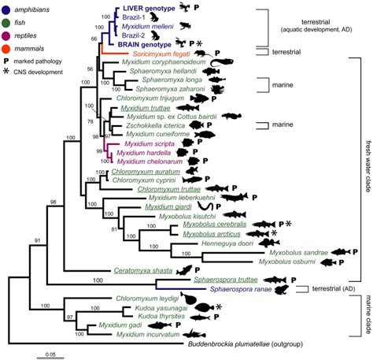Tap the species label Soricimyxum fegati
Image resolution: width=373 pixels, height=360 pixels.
[x=169, y=53]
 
